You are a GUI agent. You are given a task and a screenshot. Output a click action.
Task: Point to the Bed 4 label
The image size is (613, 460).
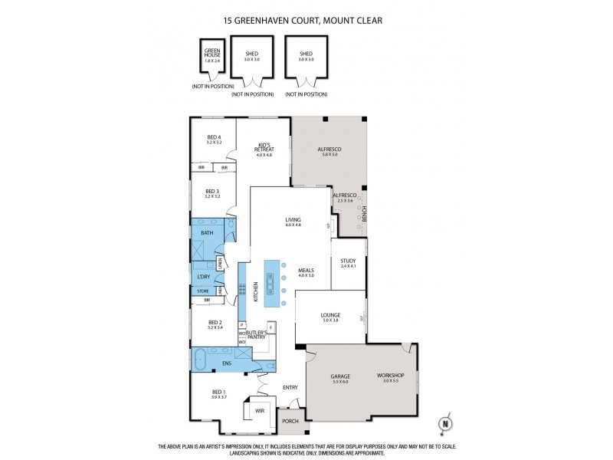214,138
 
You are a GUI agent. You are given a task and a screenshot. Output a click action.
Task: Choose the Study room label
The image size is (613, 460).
348,262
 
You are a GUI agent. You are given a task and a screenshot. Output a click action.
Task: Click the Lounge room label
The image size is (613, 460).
331,316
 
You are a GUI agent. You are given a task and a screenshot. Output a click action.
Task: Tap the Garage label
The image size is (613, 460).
340,376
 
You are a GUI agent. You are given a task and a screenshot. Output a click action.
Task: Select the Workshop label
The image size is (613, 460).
390,376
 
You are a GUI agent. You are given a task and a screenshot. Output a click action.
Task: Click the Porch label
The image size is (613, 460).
290,421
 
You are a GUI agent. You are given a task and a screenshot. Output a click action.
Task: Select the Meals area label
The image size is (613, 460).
306,271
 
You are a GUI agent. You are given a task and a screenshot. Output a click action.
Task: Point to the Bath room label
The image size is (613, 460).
206,232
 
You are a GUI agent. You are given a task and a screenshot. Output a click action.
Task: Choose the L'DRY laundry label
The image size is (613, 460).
204,276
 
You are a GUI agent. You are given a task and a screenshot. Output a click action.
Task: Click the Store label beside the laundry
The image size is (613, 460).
203,291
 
